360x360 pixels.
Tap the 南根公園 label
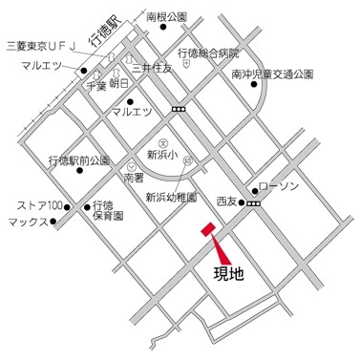pyautogui.click(x=166, y=17)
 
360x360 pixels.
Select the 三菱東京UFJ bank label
pyautogui.click(x=41, y=45)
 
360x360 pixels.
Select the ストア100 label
pyautogui.click(x=39, y=205)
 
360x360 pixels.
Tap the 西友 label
pyautogui.click(x=226, y=202)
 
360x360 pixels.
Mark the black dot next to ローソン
pyautogui.click(x=255, y=189)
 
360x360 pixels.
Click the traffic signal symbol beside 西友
pyautogui.click(x=252, y=202)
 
